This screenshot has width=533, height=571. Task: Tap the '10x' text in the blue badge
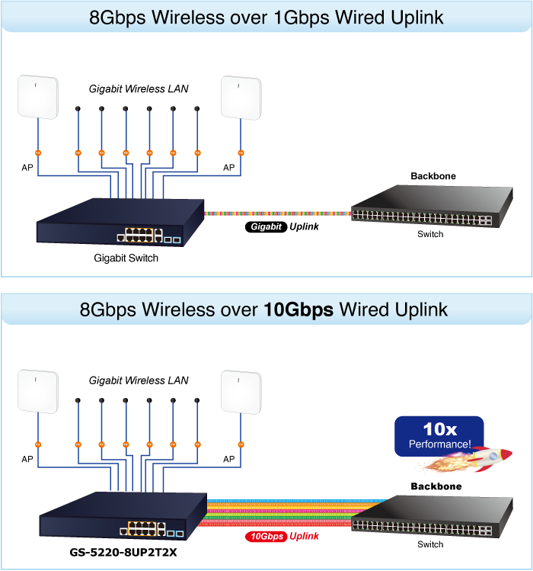tap(439, 429)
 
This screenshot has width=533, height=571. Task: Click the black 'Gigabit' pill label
tap(266, 227)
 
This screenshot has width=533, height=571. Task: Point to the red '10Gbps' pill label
tap(266, 537)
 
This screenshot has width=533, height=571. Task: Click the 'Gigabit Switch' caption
tap(126, 258)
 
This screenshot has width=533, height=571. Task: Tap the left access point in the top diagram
tap(38, 97)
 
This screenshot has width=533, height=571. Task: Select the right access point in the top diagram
tap(241, 97)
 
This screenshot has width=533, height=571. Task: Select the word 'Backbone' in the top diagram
tap(433, 176)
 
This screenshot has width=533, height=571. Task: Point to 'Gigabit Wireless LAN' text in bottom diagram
tap(139, 380)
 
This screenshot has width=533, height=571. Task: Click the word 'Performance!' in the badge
tap(439, 444)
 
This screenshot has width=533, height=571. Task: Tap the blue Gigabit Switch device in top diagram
tap(121, 221)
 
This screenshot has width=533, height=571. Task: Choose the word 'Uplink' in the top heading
tap(414, 17)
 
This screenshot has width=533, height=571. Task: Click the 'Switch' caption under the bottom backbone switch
tap(430, 544)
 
